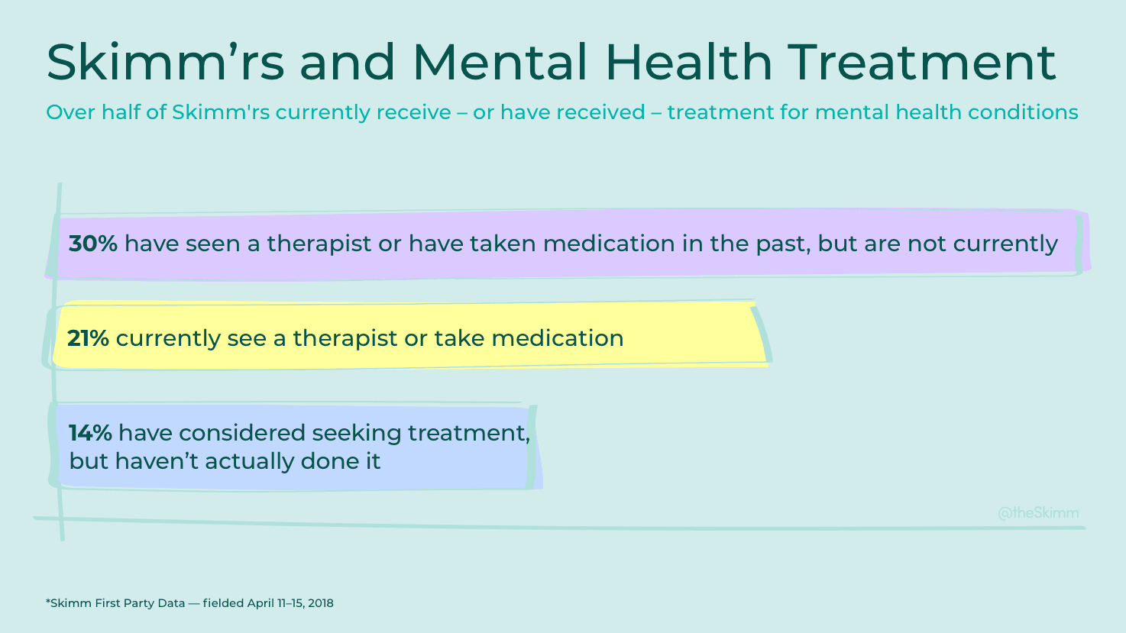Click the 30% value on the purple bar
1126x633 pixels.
(x=92, y=244)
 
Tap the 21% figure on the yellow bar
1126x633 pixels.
(x=88, y=338)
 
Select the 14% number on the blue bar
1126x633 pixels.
(x=90, y=433)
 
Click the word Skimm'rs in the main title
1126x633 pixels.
(x=165, y=62)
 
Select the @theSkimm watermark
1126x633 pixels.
(x=1038, y=513)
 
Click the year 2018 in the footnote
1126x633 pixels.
(x=321, y=603)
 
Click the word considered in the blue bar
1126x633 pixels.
(x=242, y=433)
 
